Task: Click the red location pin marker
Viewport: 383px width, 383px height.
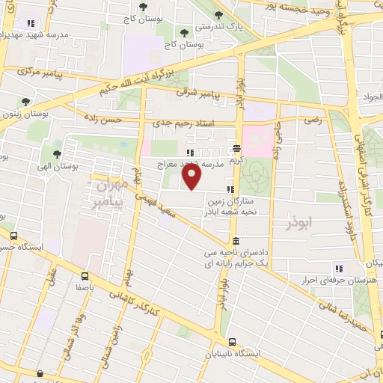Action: click(x=192, y=177)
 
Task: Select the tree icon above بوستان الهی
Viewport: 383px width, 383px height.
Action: click(x=57, y=153)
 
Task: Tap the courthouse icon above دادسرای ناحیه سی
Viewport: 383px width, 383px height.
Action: click(x=236, y=241)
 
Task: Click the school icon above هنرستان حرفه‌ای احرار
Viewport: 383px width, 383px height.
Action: click(x=339, y=269)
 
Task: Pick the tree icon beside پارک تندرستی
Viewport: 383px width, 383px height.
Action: click(x=218, y=14)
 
